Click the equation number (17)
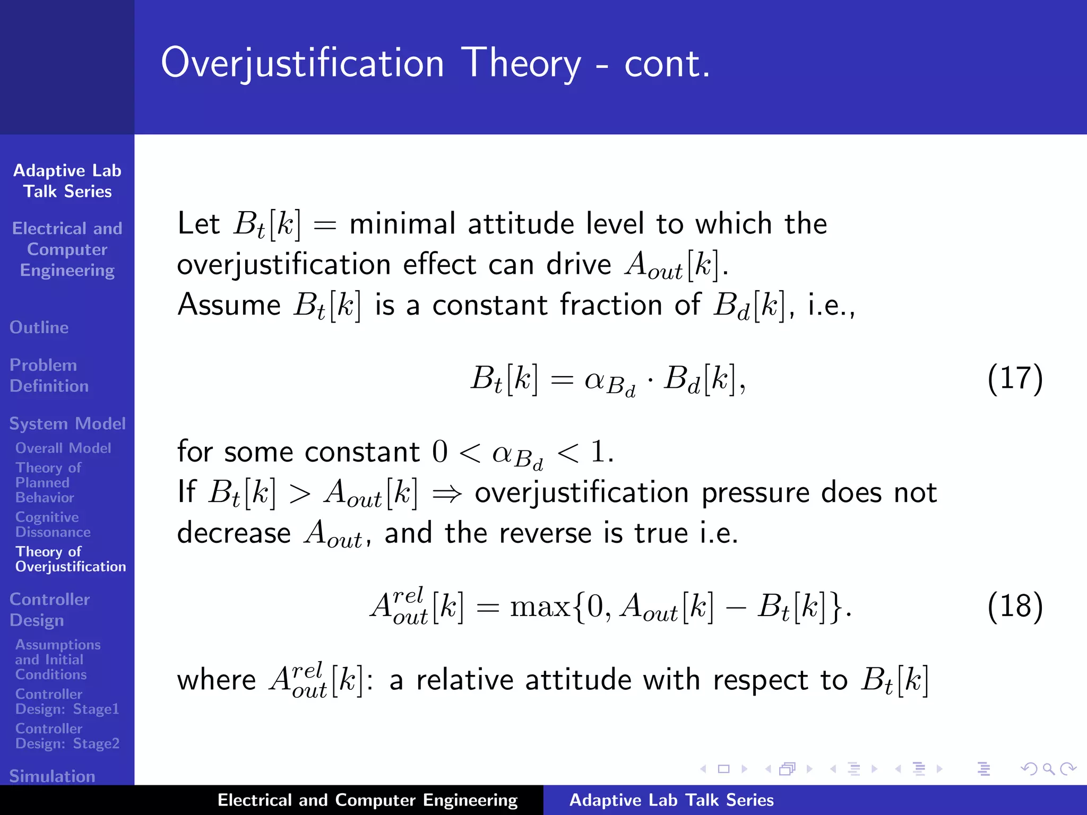(1015, 379)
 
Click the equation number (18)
(1015, 606)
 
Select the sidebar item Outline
(39, 327)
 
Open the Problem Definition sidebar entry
(49, 376)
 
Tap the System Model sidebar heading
(67, 423)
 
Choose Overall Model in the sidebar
(63, 448)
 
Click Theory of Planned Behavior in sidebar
(48, 482)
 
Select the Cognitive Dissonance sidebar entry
(53, 524)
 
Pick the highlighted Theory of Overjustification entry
(70, 559)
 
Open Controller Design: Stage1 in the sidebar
(67, 701)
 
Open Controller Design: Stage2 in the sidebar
(67, 736)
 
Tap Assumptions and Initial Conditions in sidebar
(57, 660)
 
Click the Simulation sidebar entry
(52, 776)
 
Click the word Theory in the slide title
(521, 64)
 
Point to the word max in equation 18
(539, 606)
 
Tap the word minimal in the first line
(402, 223)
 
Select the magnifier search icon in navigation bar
(1048, 769)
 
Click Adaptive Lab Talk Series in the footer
(671, 800)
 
